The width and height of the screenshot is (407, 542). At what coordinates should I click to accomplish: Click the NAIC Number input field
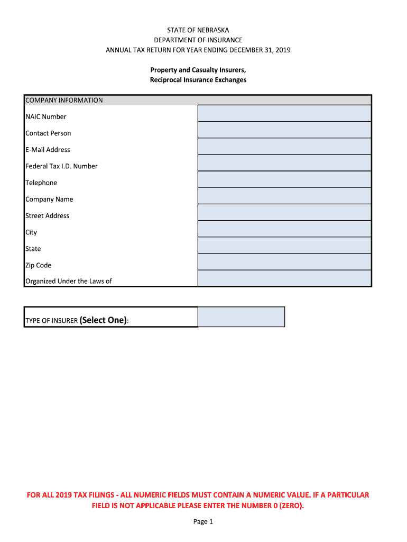click(x=284, y=113)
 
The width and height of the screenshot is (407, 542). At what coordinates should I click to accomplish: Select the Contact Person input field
click(x=284, y=130)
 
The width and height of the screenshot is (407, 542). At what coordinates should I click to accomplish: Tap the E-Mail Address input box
click(x=284, y=146)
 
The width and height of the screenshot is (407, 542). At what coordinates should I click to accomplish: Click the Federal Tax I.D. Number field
click(x=284, y=162)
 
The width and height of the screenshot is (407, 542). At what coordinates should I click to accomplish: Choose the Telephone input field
click(x=284, y=179)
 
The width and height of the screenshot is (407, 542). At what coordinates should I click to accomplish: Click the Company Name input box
click(x=284, y=196)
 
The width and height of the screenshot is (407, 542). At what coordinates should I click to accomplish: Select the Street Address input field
click(x=284, y=212)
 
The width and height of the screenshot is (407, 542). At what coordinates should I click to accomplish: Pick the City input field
click(x=284, y=229)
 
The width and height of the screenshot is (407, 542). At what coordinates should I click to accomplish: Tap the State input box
click(x=284, y=245)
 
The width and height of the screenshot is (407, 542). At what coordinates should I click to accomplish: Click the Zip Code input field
click(x=284, y=261)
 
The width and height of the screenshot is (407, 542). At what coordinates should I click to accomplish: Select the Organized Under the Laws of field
click(x=284, y=278)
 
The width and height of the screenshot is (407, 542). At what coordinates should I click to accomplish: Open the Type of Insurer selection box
click(x=241, y=317)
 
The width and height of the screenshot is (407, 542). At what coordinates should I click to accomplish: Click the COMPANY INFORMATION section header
click(x=64, y=100)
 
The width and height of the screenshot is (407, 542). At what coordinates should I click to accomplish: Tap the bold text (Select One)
click(x=103, y=320)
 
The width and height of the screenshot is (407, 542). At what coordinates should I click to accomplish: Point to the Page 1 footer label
click(x=203, y=522)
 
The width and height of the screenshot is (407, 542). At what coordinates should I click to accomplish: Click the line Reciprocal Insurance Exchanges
click(x=198, y=80)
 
